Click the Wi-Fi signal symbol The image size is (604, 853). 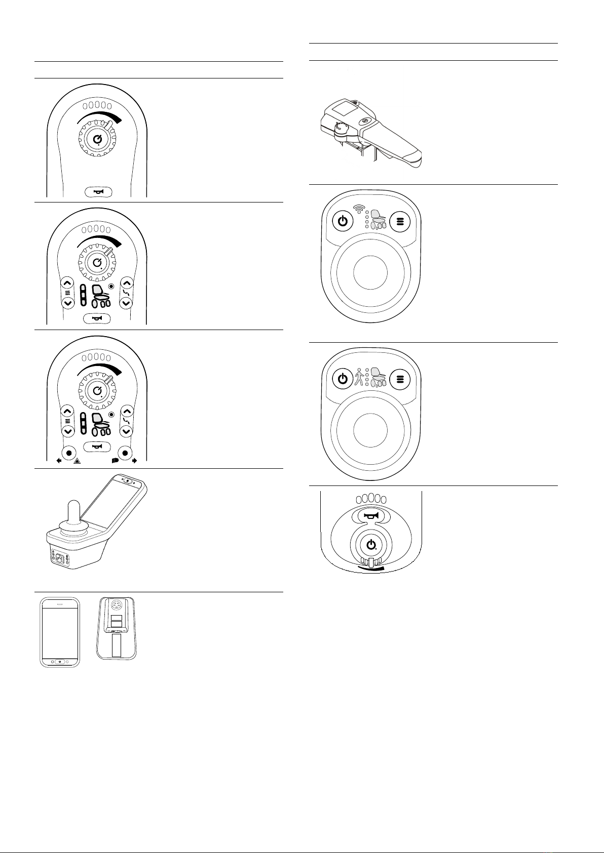[x=359, y=208]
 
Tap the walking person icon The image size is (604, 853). [x=359, y=376]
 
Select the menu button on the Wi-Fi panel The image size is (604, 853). [x=400, y=221]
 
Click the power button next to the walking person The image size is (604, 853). [x=343, y=379]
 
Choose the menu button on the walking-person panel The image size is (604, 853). [x=400, y=379]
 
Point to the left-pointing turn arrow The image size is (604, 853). [x=59, y=461]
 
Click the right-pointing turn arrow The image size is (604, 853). [x=134, y=461]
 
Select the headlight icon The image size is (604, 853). [x=115, y=461]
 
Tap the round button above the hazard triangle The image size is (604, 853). [x=68, y=452]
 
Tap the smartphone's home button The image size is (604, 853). [x=60, y=662]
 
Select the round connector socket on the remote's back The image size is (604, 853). [x=117, y=606]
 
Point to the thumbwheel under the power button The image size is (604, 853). [x=371, y=562]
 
